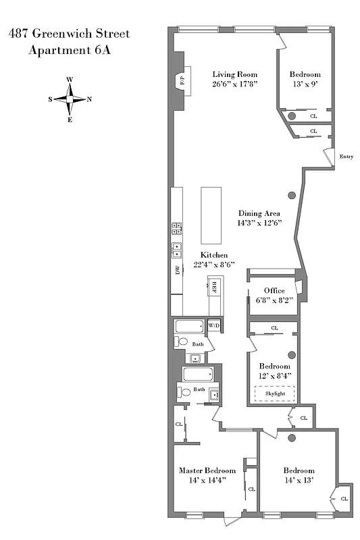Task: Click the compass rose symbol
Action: pyautogui.click(x=70, y=99)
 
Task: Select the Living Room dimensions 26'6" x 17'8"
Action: pyautogui.click(x=235, y=84)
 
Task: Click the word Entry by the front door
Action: pyautogui.click(x=346, y=157)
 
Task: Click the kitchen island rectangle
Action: pyautogui.click(x=211, y=215)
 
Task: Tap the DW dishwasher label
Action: pyautogui.click(x=178, y=271)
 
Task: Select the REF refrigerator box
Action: pyautogui.click(x=215, y=286)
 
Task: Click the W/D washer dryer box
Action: pyautogui.click(x=214, y=325)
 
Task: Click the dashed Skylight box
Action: pyautogui.click(x=274, y=393)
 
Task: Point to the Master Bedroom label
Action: pyautogui.click(x=207, y=470)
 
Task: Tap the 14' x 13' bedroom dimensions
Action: pyautogui.click(x=299, y=480)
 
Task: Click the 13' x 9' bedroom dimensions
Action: pyautogui.click(x=305, y=84)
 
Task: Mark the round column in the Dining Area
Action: pyautogui.click(x=292, y=196)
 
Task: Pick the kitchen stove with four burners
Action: pyautogui.click(x=176, y=229)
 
